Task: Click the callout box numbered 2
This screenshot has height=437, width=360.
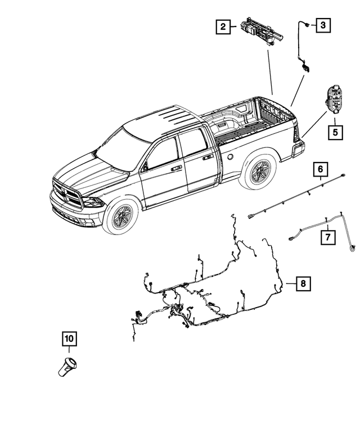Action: (223, 26)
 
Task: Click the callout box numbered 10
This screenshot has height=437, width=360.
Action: (69, 339)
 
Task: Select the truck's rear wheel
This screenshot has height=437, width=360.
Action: (259, 170)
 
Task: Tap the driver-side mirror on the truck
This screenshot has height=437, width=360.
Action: (145, 166)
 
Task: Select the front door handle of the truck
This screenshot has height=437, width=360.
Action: (176, 168)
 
